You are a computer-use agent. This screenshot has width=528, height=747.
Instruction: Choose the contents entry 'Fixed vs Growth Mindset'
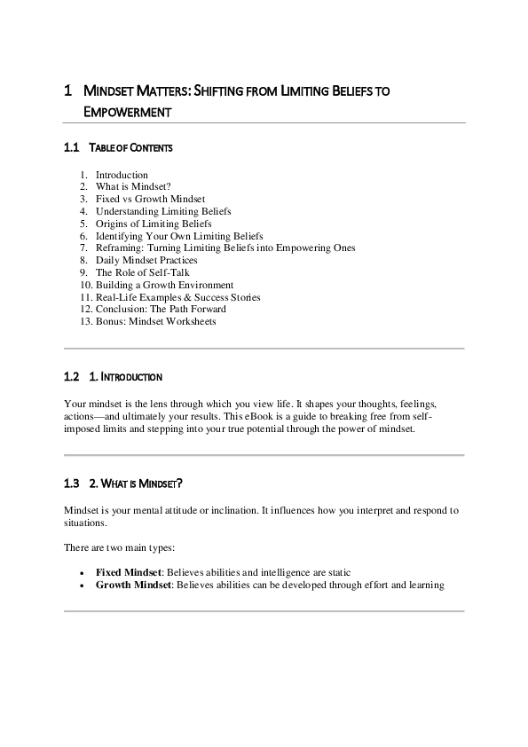150,200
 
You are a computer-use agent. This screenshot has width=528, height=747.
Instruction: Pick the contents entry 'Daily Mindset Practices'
146,260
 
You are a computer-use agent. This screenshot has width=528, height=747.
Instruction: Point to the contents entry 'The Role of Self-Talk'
142,272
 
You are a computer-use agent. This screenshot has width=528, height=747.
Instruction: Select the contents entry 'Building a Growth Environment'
164,285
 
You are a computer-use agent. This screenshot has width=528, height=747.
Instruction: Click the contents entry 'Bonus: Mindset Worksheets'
155,321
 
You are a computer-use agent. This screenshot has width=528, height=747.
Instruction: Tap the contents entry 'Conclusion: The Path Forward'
161,309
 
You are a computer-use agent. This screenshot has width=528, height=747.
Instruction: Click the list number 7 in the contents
83,248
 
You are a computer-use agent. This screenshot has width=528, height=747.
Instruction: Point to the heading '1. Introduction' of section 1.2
126,377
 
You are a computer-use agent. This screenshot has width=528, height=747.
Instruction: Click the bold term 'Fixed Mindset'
128,572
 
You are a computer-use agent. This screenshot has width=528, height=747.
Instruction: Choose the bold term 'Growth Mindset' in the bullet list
132,585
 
